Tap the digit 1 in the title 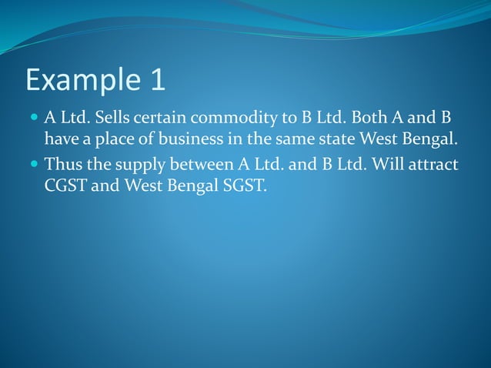156,80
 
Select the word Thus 62,165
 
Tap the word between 197,165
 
